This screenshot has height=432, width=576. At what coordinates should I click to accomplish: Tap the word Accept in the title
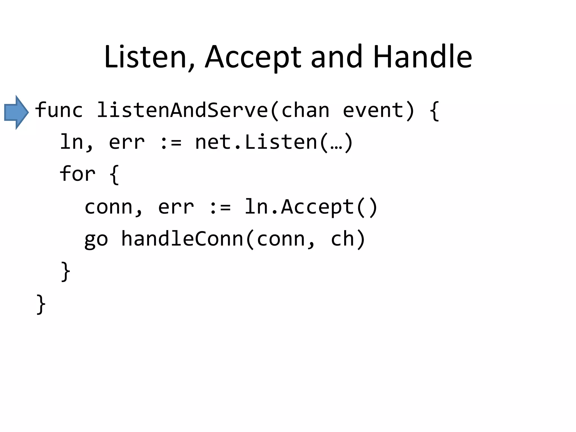click(x=253, y=57)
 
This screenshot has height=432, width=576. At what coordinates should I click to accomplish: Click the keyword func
click(x=59, y=110)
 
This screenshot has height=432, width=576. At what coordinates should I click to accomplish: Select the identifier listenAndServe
click(x=182, y=110)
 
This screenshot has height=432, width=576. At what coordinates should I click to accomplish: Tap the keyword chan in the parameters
click(x=305, y=110)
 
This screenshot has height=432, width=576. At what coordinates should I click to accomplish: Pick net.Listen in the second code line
click(x=256, y=142)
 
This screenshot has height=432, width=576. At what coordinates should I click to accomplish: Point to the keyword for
click(x=77, y=174)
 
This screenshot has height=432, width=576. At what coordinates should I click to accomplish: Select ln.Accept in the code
click(x=299, y=207)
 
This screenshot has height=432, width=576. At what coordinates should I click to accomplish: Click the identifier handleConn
click(x=182, y=239)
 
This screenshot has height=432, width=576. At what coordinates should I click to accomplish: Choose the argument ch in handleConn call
click(x=342, y=239)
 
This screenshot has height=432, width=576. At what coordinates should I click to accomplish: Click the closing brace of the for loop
click(x=66, y=271)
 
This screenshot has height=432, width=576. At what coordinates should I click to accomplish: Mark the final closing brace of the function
click(x=41, y=304)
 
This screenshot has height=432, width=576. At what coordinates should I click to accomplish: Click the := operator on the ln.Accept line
click(x=220, y=207)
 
